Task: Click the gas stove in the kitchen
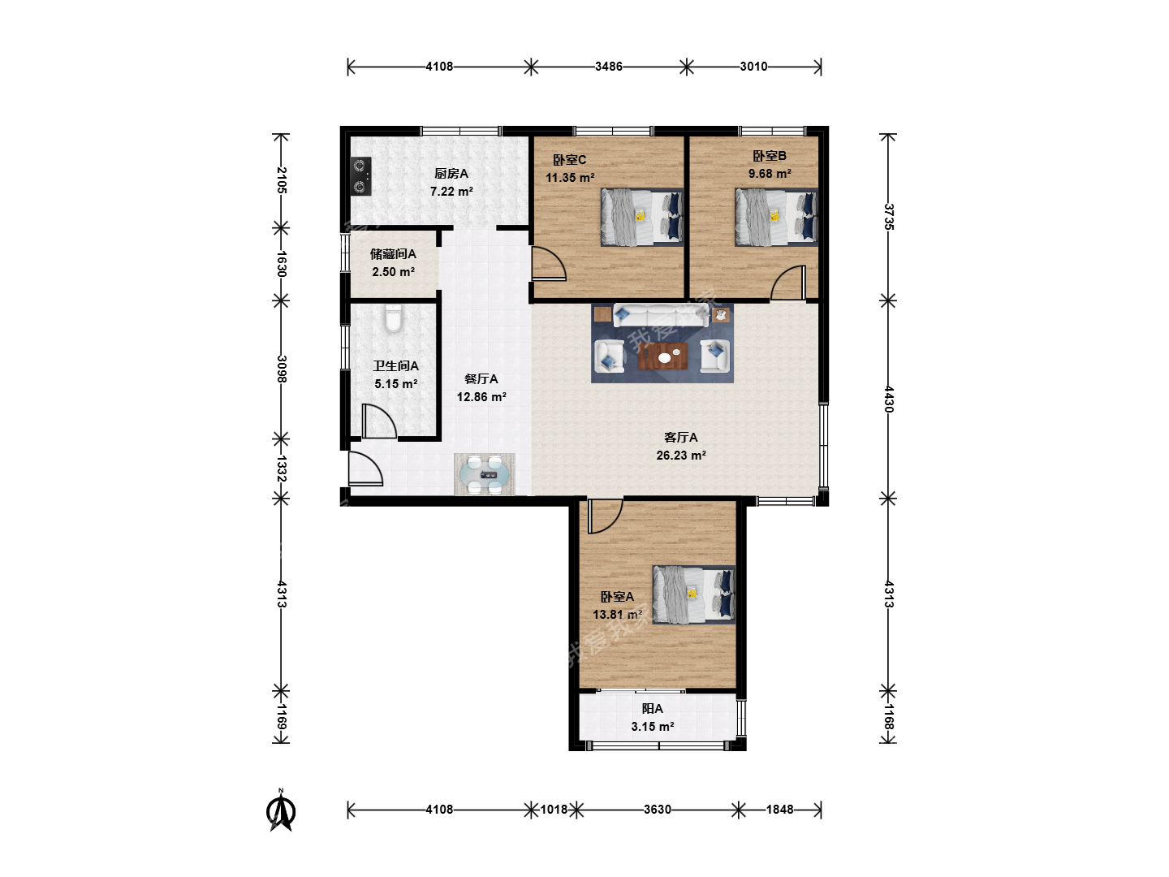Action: (x=360, y=175)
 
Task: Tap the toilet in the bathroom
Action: (x=393, y=318)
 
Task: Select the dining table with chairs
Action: (x=484, y=474)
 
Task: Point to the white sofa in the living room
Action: (x=661, y=315)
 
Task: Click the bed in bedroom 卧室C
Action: (x=642, y=218)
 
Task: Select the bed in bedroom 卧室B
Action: (x=777, y=218)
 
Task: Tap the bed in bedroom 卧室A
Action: (x=694, y=594)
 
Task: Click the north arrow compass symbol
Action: (x=281, y=810)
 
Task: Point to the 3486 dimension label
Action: (x=609, y=67)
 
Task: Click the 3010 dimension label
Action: (x=753, y=67)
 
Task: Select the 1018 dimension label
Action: (x=554, y=810)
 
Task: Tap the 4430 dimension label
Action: (x=888, y=400)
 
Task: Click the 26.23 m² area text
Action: (x=681, y=456)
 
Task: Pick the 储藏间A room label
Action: (x=393, y=254)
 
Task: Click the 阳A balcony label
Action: (x=653, y=709)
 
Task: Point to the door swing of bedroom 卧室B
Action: (x=787, y=283)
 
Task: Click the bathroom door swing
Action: (x=380, y=421)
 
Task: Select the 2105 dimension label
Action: (x=282, y=180)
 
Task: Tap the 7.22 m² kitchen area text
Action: (x=451, y=191)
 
